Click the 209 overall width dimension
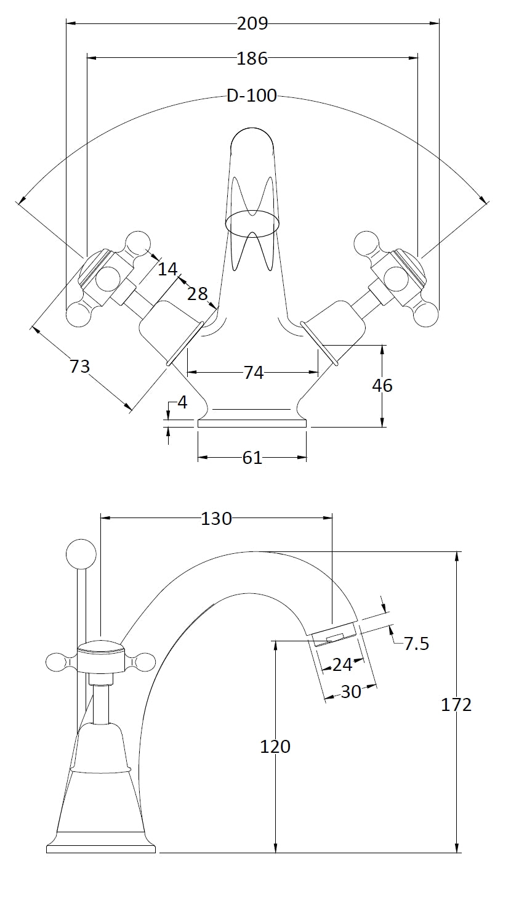point(252,23)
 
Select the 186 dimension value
point(252,59)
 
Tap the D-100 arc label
point(252,96)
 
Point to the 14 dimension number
point(167,269)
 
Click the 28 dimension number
point(198,294)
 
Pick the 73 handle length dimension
point(79,367)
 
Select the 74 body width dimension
point(254,373)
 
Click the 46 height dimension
point(382,386)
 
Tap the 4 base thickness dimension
point(182,403)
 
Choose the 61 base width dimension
point(252,458)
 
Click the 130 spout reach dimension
point(217,519)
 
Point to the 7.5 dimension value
point(417,644)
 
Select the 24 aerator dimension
point(342,664)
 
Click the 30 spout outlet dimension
point(351,692)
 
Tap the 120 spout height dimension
point(275,747)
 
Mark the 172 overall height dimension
point(456,705)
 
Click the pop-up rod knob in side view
point(81,553)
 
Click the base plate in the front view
point(252,423)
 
